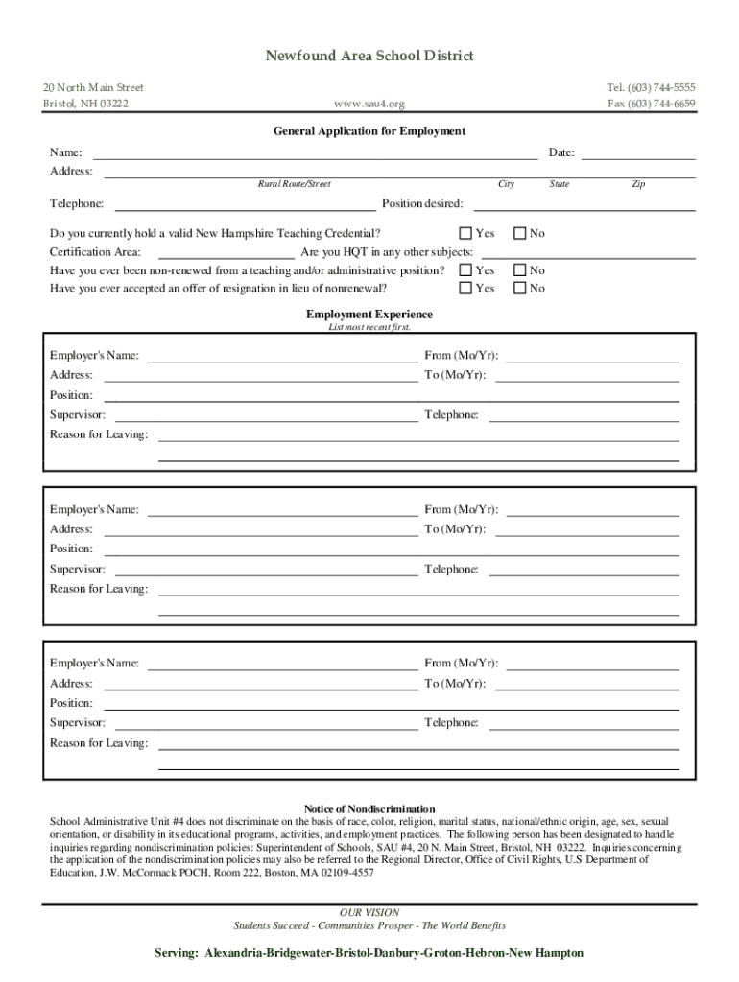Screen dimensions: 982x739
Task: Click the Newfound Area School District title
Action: [369, 57]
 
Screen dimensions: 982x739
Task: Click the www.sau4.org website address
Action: [369, 104]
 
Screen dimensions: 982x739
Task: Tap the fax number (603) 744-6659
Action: [652, 104]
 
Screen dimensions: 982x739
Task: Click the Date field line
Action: [638, 153]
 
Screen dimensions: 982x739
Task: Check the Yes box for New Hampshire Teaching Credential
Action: [465, 233]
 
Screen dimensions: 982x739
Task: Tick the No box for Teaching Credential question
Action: [520, 233]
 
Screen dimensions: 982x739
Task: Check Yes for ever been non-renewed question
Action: [465, 271]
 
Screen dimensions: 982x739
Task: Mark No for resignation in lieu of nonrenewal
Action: [520, 288]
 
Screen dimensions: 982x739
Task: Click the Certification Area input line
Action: [226, 253]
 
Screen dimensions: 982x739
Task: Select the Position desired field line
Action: [582, 204]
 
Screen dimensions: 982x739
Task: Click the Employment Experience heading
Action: [369, 315]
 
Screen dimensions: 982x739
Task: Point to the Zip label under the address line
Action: [638, 184]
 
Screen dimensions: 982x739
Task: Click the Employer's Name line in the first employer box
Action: [282, 357]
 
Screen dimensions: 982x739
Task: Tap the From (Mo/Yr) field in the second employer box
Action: [592, 510]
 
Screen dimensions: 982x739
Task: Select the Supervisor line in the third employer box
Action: [266, 723]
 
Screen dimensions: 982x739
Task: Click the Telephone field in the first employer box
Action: [584, 416]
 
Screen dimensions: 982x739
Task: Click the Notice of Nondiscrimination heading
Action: [369, 809]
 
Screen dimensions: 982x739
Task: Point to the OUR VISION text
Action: [369, 913]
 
